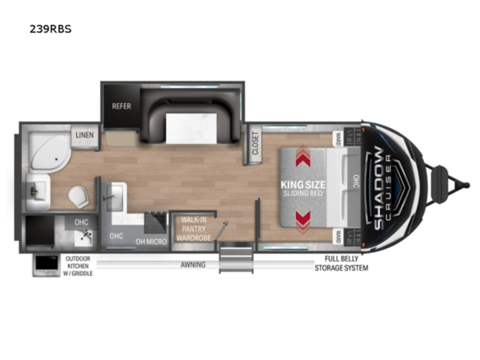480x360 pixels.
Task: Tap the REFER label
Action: pyautogui.click(x=122, y=106)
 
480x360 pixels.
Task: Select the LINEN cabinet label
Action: pyautogui.click(x=85, y=136)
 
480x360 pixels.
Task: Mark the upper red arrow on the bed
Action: pyautogui.click(x=303, y=159)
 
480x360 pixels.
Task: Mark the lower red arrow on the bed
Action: pyautogui.click(x=303, y=218)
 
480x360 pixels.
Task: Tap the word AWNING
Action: pyautogui.click(x=193, y=264)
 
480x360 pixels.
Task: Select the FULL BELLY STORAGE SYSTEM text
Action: pyautogui.click(x=346, y=263)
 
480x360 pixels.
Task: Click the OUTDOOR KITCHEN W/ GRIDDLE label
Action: pyautogui.click(x=79, y=266)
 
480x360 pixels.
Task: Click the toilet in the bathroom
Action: pyautogui.click(x=78, y=194)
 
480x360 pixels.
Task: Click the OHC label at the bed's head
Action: pyautogui.click(x=356, y=184)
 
